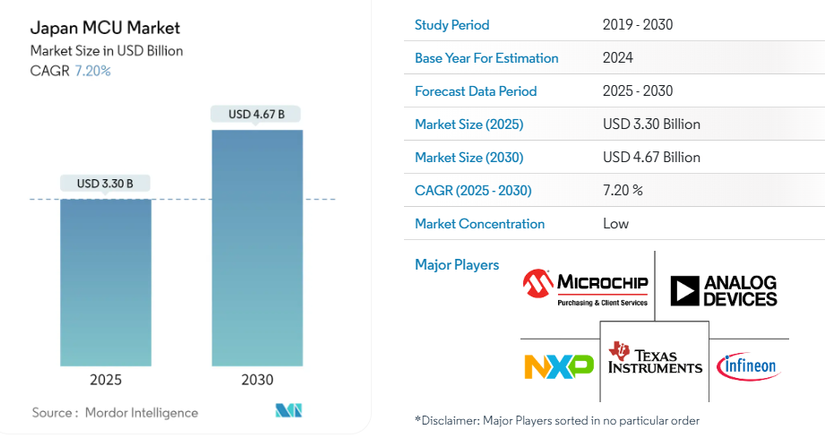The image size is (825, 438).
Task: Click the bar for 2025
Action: pos(105,281)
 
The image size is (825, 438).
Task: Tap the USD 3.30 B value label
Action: pos(105,184)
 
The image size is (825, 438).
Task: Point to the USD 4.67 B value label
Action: pos(256,114)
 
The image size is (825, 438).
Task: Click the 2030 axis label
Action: pos(257,380)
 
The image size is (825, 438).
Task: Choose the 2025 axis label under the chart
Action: pos(106,380)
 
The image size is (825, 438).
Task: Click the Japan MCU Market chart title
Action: pos(93,28)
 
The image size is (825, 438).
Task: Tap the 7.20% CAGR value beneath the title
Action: pos(92,71)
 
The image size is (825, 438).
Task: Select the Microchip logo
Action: pos(587,288)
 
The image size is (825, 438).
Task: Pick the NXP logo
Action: pos(558,365)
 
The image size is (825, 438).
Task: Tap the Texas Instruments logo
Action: pos(655,357)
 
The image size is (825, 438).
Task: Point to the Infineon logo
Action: pos(748,365)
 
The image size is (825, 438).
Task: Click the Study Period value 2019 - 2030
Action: pos(637,25)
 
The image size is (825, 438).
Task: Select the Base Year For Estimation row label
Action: pos(486,58)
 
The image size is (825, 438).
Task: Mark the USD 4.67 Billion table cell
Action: pos(651,158)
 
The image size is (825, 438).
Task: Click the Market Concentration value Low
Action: pos(616,224)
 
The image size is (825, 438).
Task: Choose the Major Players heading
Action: pos(457,265)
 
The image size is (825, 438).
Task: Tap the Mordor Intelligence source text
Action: pos(142,413)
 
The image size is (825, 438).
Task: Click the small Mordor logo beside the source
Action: pos(288,411)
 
